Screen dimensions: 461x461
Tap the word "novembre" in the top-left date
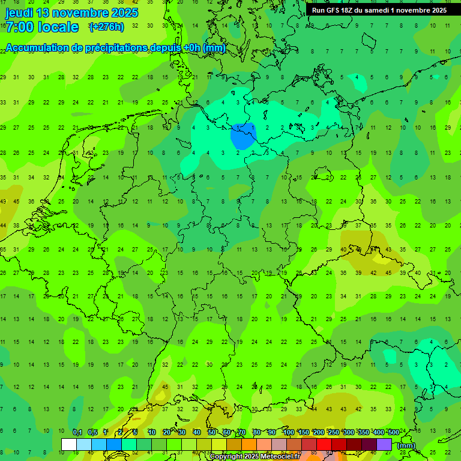click(83, 13)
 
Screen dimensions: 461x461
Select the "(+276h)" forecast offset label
click(106, 27)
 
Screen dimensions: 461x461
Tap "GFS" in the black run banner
click(333, 10)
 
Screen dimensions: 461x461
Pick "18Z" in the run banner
click(348, 10)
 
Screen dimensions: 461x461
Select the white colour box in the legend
click(69, 445)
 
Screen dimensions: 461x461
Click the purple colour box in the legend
click(384, 445)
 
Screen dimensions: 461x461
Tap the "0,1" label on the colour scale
click(77, 433)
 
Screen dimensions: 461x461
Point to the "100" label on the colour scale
click(289, 433)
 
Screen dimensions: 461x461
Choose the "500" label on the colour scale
click(393, 433)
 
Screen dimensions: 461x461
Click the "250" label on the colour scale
click(334, 433)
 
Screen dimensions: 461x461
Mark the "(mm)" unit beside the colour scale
click(406, 445)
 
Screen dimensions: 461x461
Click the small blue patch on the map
click(242, 136)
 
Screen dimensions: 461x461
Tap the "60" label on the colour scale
click(226, 433)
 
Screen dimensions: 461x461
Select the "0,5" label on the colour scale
click(92, 433)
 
